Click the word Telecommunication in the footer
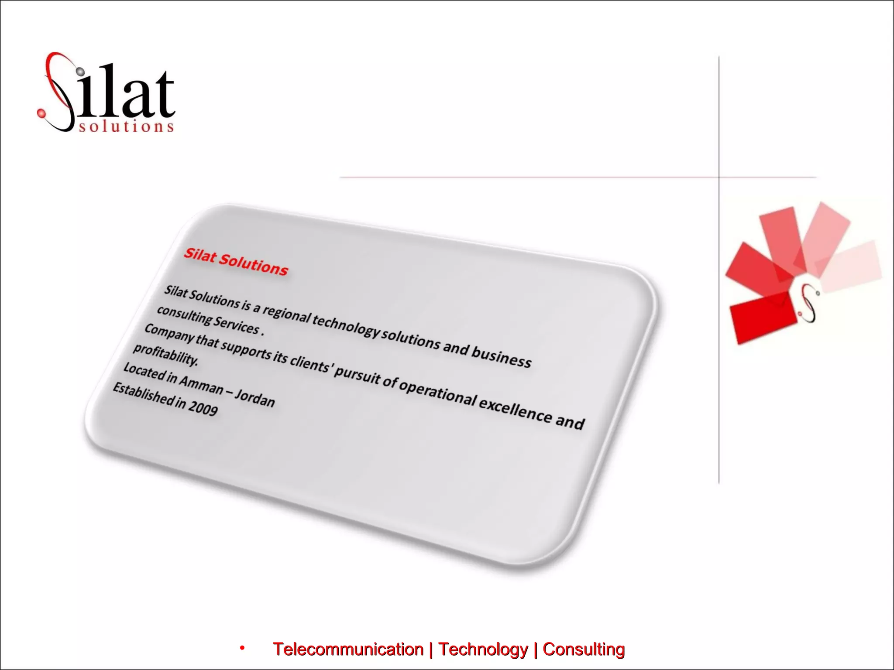point(348,649)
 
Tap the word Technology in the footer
point(483,649)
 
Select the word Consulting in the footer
point(584,649)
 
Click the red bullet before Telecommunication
point(242,648)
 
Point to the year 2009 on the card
point(203,408)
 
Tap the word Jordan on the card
point(255,398)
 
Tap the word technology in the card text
point(346,325)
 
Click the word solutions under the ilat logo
point(126,126)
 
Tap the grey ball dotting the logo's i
point(80,71)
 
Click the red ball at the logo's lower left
point(41,113)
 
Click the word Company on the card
point(168,333)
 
